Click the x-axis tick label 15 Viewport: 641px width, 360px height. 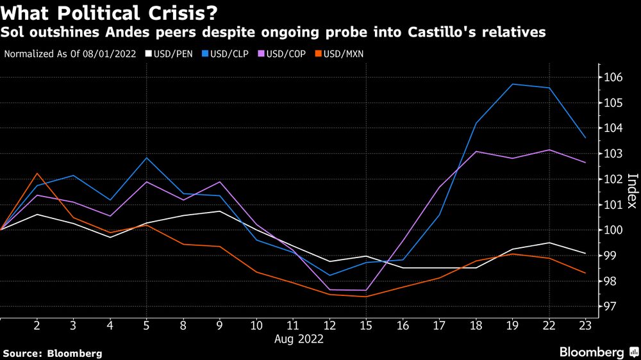365,326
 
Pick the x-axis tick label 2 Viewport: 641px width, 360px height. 38,326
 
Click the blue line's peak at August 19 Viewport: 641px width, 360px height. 512,84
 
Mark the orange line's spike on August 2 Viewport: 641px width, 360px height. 38,173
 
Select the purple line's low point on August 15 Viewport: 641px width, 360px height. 365,290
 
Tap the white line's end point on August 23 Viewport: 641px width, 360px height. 584,254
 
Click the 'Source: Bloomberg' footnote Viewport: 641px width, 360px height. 53,353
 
